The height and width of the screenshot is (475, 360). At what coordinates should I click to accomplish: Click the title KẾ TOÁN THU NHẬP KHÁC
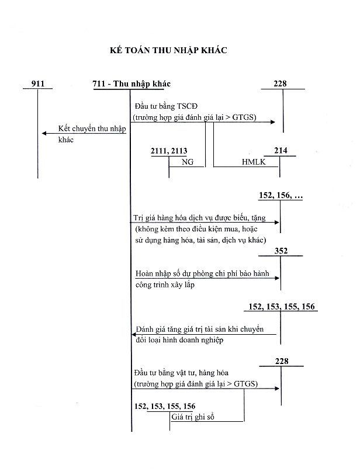pyautogui.click(x=168, y=51)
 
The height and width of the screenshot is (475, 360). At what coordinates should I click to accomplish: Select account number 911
pyautogui.click(x=37, y=84)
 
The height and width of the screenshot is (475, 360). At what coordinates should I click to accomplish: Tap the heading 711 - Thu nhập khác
pyautogui.click(x=131, y=84)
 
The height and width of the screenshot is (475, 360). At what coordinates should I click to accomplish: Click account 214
pyautogui.click(x=281, y=151)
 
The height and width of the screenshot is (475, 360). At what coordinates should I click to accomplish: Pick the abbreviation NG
pyautogui.click(x=188, y=162)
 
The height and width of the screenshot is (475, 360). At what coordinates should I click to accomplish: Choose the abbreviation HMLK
pyautogui.click(x=253, y=162)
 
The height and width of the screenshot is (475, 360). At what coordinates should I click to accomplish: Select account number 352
pyautogui.click(x=281, y=251)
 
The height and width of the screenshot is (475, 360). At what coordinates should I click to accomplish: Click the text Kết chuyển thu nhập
pyautogui.click(x=88, y=129)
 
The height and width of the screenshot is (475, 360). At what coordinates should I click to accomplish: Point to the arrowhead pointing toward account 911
pyautogui.click(x=44, y=134)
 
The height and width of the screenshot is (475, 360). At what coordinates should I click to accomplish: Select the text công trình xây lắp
pyautogui.click(x=163, y=285)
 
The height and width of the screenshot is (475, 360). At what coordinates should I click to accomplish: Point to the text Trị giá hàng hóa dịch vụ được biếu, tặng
pyautogui.click(x=199, y=218)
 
